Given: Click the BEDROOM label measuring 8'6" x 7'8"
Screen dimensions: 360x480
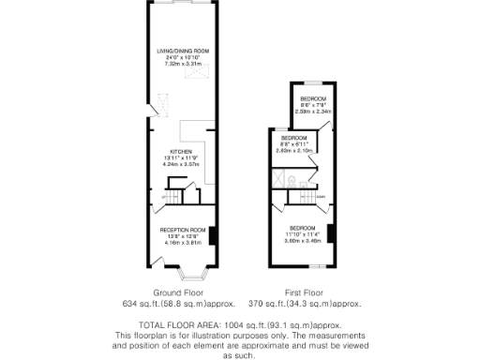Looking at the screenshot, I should coord(313,98).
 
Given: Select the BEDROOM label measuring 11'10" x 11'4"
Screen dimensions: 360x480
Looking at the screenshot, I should coord(303,229).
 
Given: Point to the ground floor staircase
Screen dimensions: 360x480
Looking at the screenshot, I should coord(173,192).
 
